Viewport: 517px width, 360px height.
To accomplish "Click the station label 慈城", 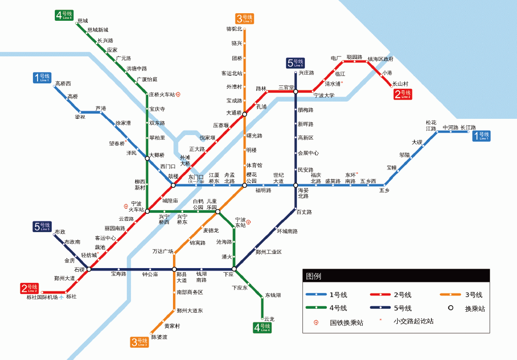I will [x=83, y=21].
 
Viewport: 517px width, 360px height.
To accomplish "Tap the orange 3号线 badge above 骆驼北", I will [x=245, y=19].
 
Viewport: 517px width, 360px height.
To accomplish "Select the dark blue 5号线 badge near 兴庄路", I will [x=295, y=63].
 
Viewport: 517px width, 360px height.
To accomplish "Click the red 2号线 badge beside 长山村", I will [x=403, y=94].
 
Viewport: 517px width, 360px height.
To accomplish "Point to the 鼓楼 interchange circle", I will [x=173, y=185].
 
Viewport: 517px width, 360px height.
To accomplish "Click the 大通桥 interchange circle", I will [x=245, y=114].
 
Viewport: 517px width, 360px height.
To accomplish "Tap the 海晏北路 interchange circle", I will [x=295, y=185].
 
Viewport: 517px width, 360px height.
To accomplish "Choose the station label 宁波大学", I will [x=324, y=95].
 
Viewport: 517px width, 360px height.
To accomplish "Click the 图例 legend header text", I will [x=314, y=276].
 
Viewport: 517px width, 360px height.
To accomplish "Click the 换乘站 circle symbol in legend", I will [x=450, y=308].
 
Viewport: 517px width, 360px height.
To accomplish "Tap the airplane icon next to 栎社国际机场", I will [x=62, y=297].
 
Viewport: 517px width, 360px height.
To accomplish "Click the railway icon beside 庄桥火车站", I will [x=178, y=94].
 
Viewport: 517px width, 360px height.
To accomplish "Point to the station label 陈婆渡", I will [x=159, y=337].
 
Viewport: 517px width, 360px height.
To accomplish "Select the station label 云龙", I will [x=269, y=319].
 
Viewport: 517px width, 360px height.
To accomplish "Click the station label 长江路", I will [x=468, y=127].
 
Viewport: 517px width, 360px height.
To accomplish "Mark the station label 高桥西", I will [x=63, y=84].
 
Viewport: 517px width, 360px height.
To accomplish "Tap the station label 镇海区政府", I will [x=380, y=59].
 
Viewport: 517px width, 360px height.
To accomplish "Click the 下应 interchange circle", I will [x=234, y=269].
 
